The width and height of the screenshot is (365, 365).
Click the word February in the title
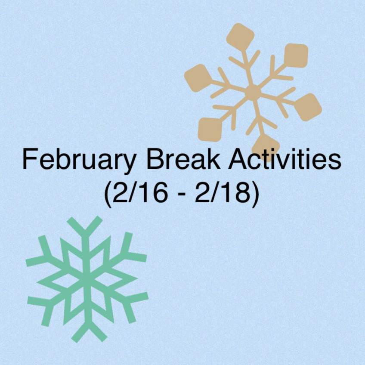[x=79, y=160]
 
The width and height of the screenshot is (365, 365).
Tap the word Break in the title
[x=183, y=158]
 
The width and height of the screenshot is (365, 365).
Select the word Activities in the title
[x=285, y=158]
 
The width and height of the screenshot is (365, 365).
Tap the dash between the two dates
[x=181, y=195]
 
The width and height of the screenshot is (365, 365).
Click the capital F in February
[x=30, y=158]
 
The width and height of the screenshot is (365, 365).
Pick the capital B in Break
[x=155, y=158]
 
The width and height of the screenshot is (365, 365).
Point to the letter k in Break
[x=213, y=158]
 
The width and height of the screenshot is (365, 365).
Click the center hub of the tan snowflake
[x=253, y=93]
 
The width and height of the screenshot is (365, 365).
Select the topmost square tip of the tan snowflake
[x=240, y=36]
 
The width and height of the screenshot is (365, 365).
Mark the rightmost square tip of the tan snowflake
[x=308, y=107]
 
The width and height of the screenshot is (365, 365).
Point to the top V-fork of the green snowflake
[x=85, y=224]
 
